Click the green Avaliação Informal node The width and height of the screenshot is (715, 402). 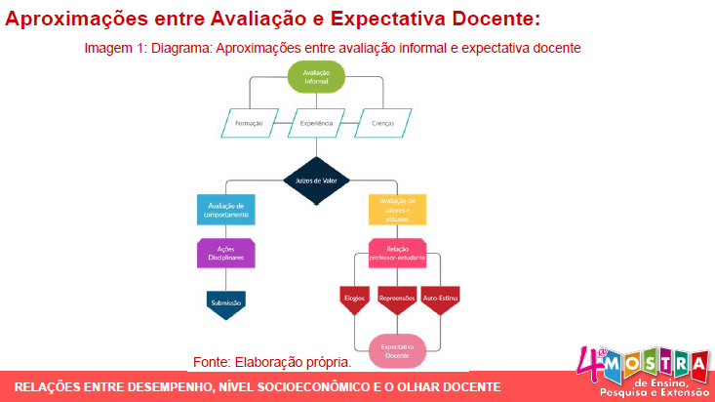(316, 77)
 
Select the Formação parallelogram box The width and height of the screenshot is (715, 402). (250, 124)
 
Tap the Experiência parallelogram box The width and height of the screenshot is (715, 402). (316, 124)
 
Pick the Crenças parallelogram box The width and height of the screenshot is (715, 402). (382, 124)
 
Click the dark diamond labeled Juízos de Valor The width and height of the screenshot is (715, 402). (316, 180)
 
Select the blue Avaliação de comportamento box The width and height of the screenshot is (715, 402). (228, 210)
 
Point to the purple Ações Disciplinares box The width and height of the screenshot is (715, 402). (226, 253)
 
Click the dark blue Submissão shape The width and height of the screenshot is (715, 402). (226, 303)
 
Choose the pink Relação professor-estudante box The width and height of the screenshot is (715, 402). (397, 254)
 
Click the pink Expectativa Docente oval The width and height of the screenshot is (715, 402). (397, 351)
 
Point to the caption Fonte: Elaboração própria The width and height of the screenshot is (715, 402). (272, 362)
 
